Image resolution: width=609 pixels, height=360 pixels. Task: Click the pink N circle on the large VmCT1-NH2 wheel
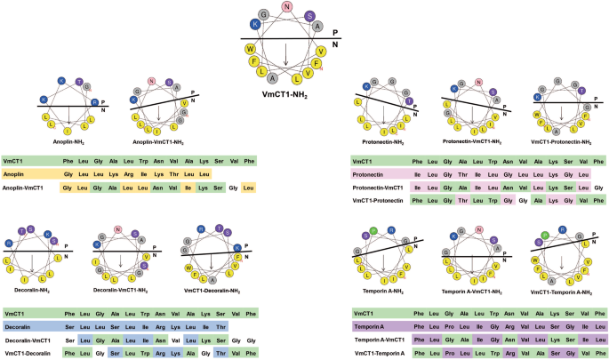tap(286, 7)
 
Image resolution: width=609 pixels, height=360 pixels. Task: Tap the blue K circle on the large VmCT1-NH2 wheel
tap(255, 24)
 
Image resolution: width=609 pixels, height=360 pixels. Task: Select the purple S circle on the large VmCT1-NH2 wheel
tap(309, 16)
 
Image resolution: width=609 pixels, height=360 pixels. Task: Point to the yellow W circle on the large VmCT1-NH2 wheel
tap(252, 49)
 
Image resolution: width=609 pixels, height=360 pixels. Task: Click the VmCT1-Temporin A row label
tap(380, 353)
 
